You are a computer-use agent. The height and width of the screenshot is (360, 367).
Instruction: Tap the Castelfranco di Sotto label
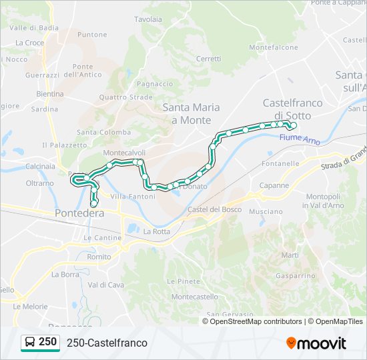[292, 109]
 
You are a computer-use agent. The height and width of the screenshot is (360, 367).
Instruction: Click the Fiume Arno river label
[300, 139]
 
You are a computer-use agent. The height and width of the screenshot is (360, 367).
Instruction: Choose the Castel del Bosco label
[214, 209]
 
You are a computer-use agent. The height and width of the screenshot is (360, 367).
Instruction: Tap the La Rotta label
[157, 231]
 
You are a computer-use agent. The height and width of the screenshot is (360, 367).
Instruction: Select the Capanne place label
[274, 185]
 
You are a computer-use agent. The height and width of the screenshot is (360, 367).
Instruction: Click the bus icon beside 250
[30, 343]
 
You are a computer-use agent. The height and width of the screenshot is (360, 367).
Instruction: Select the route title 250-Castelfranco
[107, 343]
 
